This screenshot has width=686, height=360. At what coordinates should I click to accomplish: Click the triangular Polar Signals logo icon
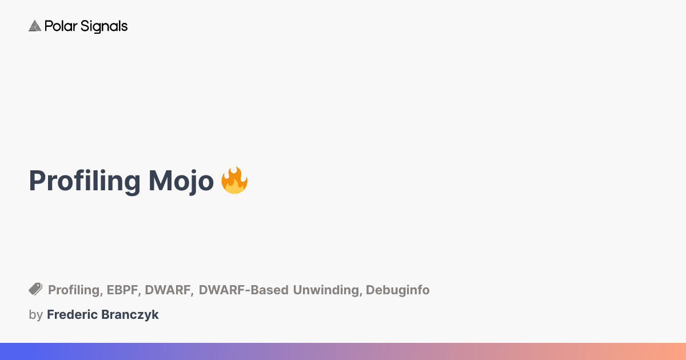35,26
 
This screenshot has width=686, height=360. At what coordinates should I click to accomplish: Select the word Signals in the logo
103,27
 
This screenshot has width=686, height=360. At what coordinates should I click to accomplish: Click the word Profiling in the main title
85,181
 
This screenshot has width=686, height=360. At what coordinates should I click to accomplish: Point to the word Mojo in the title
181,181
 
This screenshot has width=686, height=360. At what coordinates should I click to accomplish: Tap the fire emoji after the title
234,181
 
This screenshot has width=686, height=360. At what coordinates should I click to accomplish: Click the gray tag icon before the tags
35,289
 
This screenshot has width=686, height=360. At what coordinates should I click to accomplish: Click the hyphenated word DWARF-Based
244,290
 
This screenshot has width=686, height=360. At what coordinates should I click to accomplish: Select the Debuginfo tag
398,290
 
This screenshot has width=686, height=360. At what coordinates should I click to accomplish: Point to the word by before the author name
35,315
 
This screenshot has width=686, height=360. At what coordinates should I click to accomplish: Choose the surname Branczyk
129,315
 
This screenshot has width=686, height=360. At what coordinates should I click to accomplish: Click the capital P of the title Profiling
37,181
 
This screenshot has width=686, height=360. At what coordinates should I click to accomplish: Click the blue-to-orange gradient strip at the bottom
343,351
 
